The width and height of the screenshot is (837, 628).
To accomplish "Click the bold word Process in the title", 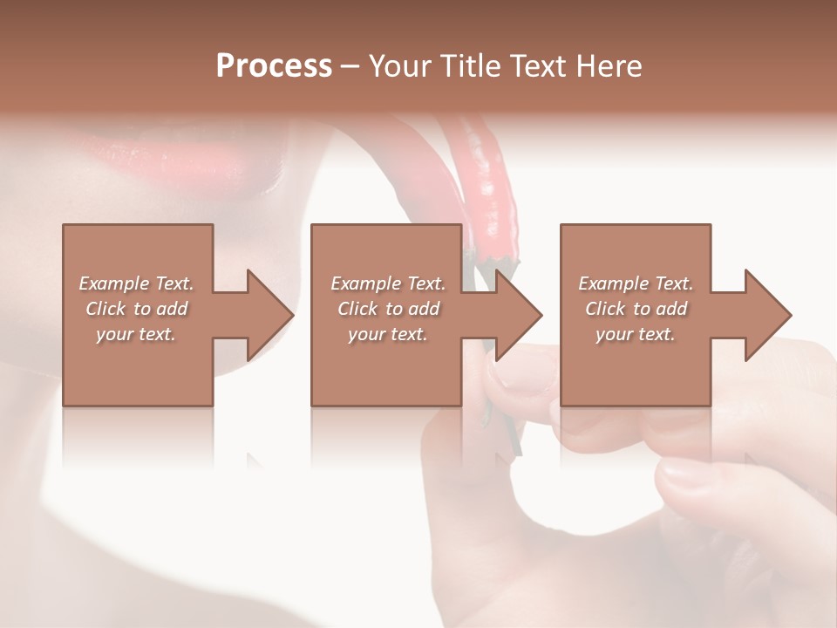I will click(x=274, y=66).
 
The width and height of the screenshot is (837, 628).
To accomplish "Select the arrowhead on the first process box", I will click(x=270, y=315).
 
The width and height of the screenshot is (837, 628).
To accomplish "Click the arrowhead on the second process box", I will click(x=519, y=315).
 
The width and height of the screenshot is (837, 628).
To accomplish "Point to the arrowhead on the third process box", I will click(x=768, y=315).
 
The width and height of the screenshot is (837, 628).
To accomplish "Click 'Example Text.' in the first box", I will click(x=136, y=283).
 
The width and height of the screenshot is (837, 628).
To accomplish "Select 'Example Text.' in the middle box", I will click(x=388, y=283).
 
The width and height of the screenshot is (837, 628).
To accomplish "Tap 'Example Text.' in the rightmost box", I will click(x=636, y=283).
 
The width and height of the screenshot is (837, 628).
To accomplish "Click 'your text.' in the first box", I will click(x=136, y=334).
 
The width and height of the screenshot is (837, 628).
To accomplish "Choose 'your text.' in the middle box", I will click(x=388, y=334).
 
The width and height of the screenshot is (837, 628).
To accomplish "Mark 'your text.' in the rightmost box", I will click(x=636, y=334).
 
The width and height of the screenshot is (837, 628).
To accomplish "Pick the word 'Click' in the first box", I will click(x=105, y=309).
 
